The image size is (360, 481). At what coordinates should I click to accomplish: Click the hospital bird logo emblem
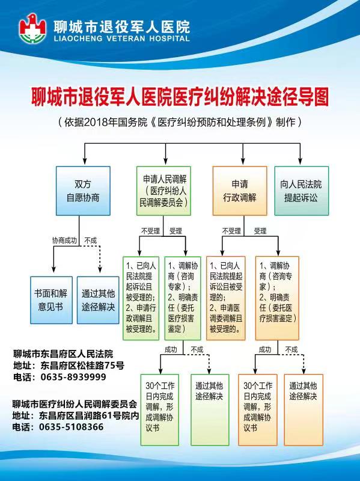tap(32, 28)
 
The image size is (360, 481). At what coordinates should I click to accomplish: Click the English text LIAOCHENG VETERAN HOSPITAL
tap(122, 38)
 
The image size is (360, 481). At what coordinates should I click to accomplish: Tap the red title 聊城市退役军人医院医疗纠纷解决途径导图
tap(180, 97)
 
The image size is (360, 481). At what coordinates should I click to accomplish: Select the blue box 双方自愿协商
tap(83, 191)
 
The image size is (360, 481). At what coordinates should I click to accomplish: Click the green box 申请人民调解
tap(163, 191)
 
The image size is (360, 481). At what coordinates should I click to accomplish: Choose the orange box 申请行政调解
tap(240, 191)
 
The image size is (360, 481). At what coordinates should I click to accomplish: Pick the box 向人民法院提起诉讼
tap(302, 191)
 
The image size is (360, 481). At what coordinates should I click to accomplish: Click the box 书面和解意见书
tap(51, 300)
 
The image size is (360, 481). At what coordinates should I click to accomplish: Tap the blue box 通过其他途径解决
tap(98, 300)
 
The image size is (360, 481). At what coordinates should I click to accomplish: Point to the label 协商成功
tap(64, 240)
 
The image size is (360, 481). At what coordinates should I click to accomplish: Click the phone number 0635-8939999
tap(73, 377)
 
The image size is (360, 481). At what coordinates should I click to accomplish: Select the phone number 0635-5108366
tap(71, 427)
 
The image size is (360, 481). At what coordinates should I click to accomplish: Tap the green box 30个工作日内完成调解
tap(160, 410)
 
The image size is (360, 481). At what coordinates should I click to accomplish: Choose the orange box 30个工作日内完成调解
tap(258, 410)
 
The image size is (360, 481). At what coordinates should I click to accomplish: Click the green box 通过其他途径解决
tap(210, 410)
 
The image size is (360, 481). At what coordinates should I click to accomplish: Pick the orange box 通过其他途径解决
tap(304, 410)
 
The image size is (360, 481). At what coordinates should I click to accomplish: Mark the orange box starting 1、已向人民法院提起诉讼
tap(226, 298)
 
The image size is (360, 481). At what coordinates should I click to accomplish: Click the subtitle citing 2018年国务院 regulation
tap(180, 123)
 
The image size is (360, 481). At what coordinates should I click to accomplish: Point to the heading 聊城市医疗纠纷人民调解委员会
tap(75, 403)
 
